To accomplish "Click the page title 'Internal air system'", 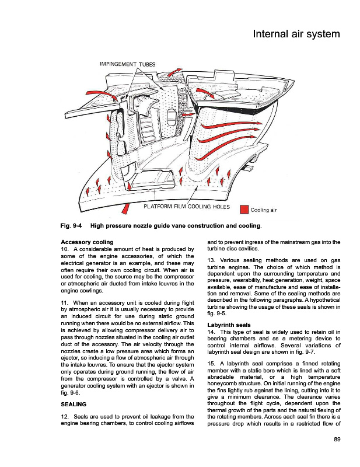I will coord(296,34).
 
